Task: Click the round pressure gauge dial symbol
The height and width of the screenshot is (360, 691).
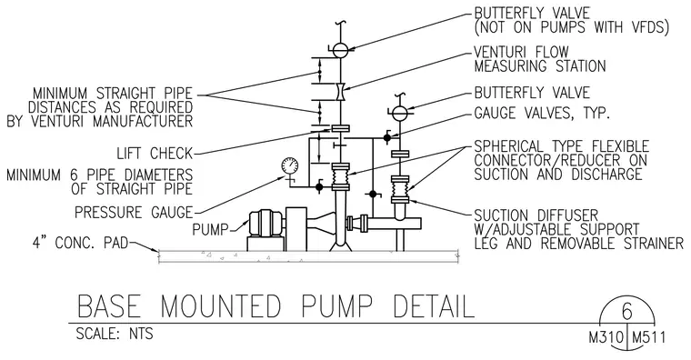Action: click(289, 165)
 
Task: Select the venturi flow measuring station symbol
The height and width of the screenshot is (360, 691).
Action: click(340, 92)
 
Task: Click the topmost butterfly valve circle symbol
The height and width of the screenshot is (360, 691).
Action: click(340, 49)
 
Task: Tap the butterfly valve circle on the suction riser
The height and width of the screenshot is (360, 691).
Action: click(400, 113)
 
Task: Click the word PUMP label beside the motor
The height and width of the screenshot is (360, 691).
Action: click(211, 230)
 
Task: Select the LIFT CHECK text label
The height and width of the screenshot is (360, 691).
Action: click(155, 154)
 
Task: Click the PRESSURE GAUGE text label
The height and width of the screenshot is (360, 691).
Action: click(134, 213)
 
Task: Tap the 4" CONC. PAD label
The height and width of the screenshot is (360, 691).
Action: click(80, 243)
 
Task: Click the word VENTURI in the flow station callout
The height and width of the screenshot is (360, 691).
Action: click(499, 52)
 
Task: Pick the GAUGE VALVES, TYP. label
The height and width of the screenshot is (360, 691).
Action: click(542, 114)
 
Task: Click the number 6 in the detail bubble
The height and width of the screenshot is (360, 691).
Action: click(627, 312)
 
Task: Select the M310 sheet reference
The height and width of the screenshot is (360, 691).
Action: click(606, 338)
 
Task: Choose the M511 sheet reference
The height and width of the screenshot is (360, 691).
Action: click(648, 338)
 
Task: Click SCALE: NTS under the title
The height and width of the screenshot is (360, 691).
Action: click(115, 334)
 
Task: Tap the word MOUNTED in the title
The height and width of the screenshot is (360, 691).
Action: click(220, 305)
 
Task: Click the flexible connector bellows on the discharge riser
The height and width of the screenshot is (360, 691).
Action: click(340, 177)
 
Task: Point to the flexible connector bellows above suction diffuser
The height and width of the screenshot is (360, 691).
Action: click(400, 189)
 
